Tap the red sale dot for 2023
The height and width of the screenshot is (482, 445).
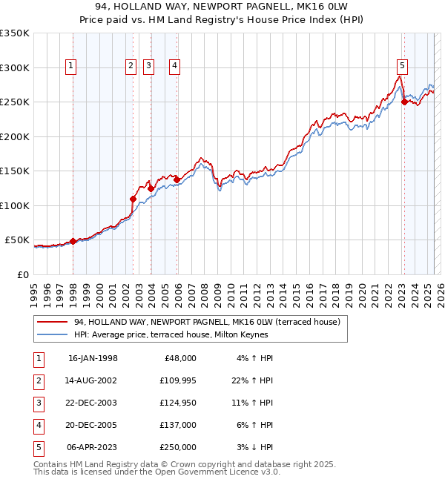coord(404,102)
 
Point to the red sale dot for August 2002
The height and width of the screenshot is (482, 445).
coord(133,199)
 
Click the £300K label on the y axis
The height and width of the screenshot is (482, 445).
coord(15,67)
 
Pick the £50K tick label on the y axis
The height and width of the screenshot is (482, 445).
coord(18,240)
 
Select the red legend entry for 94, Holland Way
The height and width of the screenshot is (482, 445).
coord(207,322)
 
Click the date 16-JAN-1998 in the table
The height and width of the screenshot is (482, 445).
coord(93,358)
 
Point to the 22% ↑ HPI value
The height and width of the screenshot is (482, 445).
coord(254,380)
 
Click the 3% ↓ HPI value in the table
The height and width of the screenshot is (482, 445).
coord(256,447)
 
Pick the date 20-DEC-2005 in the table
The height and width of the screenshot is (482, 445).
coord(93,425)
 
